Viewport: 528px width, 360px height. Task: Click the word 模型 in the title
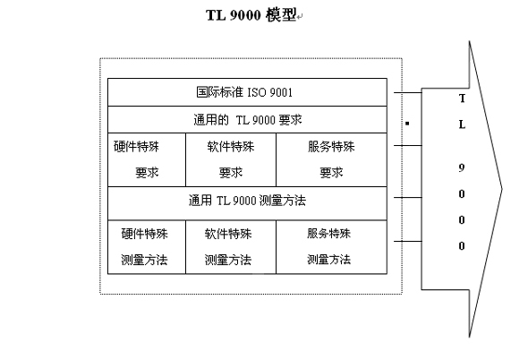pyautogui.click(x=282, y=15)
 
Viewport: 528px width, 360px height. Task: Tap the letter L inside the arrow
pyautogui.click(x=462, y=124)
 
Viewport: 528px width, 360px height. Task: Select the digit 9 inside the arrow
pyautogui.click(x=462, y=167)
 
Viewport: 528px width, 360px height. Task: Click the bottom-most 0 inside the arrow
pyautogui.click(x=462, y=245)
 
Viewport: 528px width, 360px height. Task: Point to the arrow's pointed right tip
pyautogui.click(x=502, y=188)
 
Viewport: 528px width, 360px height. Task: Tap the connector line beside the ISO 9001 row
pyautogui.click(x=410, y=92)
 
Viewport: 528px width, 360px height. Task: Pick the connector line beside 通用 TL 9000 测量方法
pyautogui.click(x=410, y=200)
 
